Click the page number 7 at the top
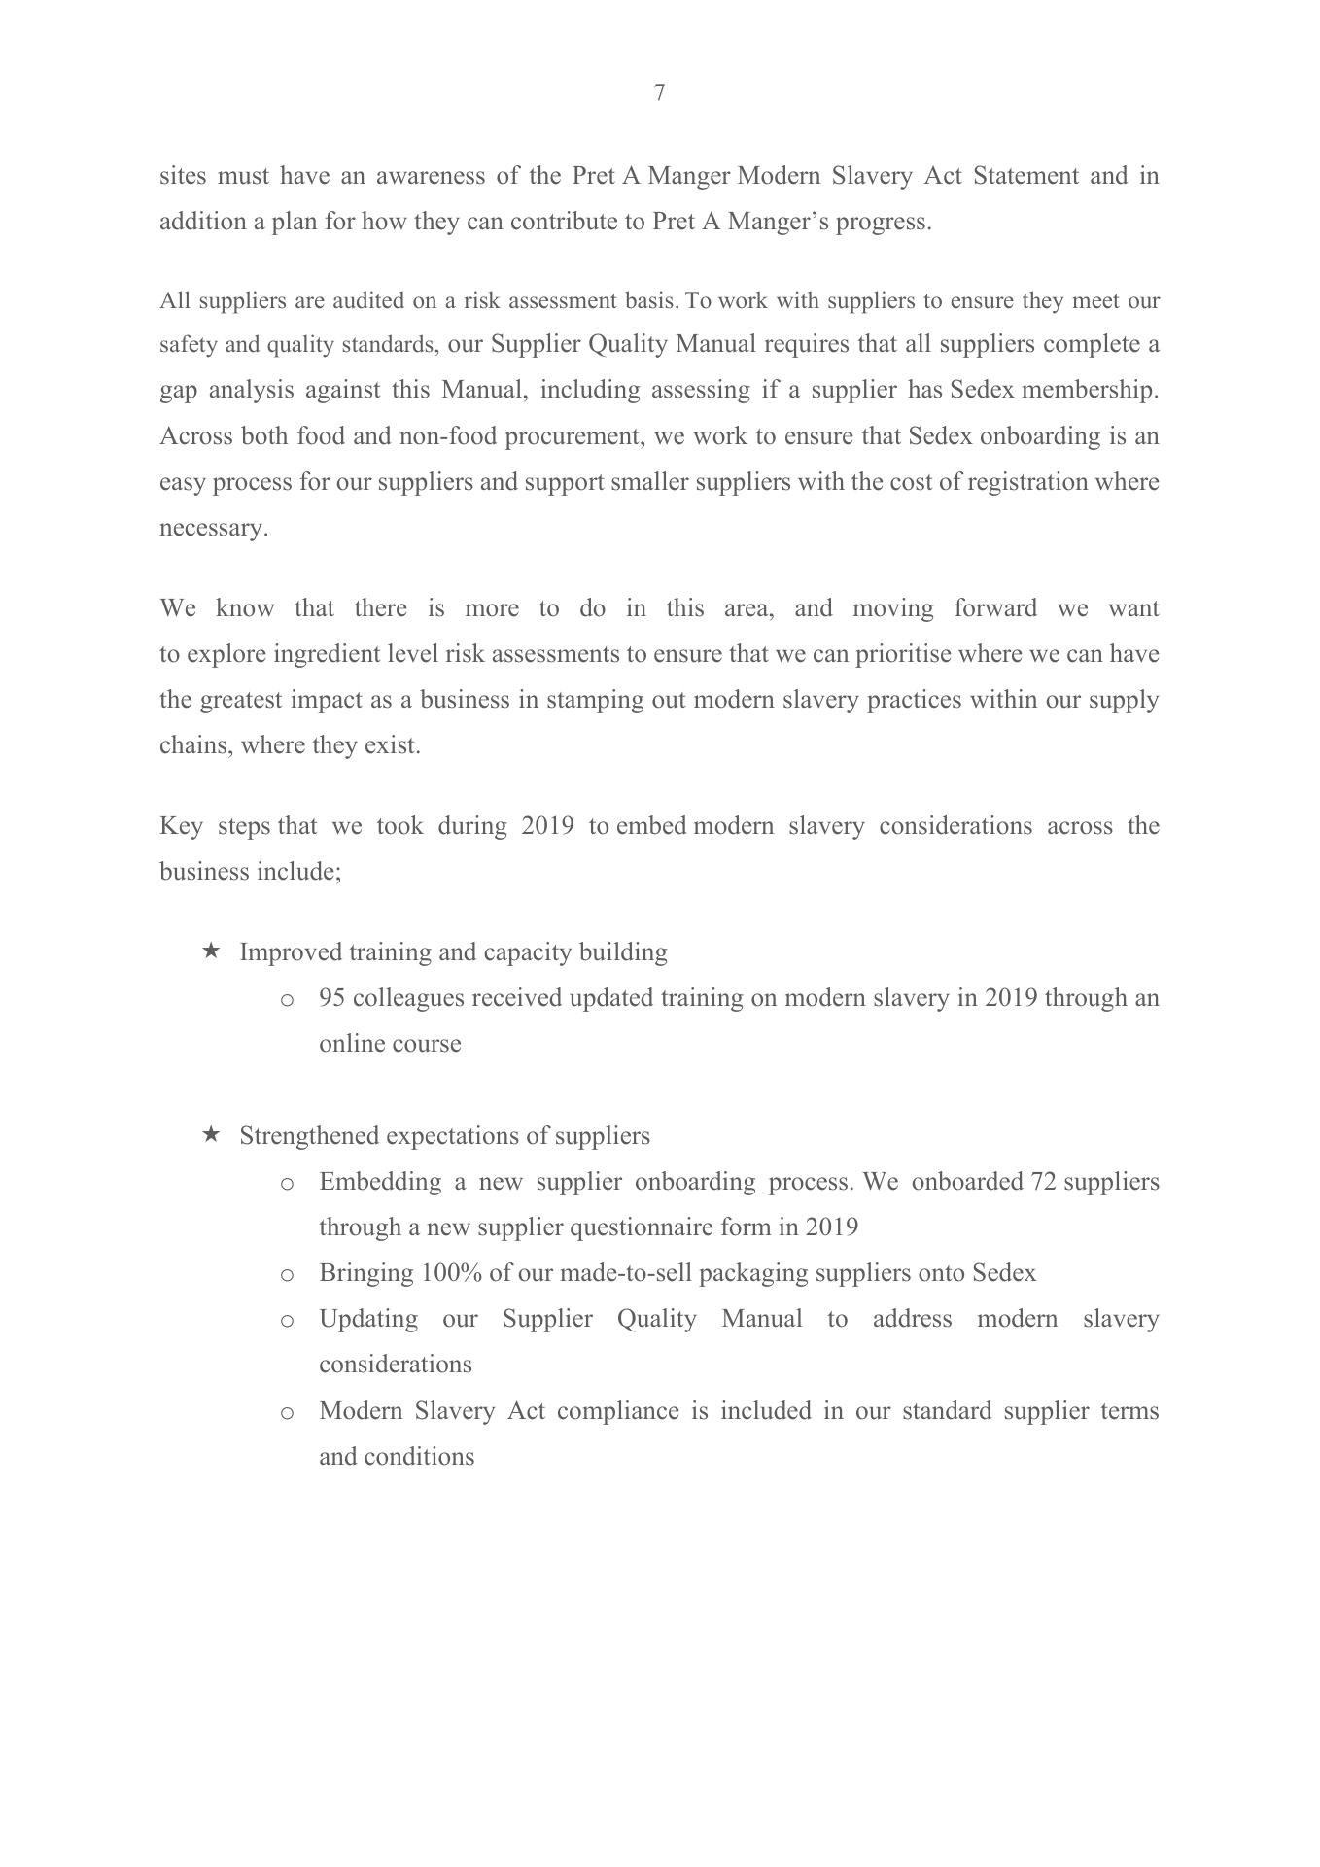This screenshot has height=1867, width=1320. pos(660,92)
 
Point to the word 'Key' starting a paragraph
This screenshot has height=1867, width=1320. pos(181,826)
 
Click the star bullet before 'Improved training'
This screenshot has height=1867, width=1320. pos(211,951)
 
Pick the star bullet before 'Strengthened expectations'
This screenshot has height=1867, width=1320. pos(211,1134)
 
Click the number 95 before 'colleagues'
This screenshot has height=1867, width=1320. pos(332,998)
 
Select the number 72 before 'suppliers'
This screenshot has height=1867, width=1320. pos(1043,1182)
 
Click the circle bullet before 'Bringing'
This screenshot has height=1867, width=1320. pos(287,1275)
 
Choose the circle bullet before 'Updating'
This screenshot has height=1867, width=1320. pos(287,1321)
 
